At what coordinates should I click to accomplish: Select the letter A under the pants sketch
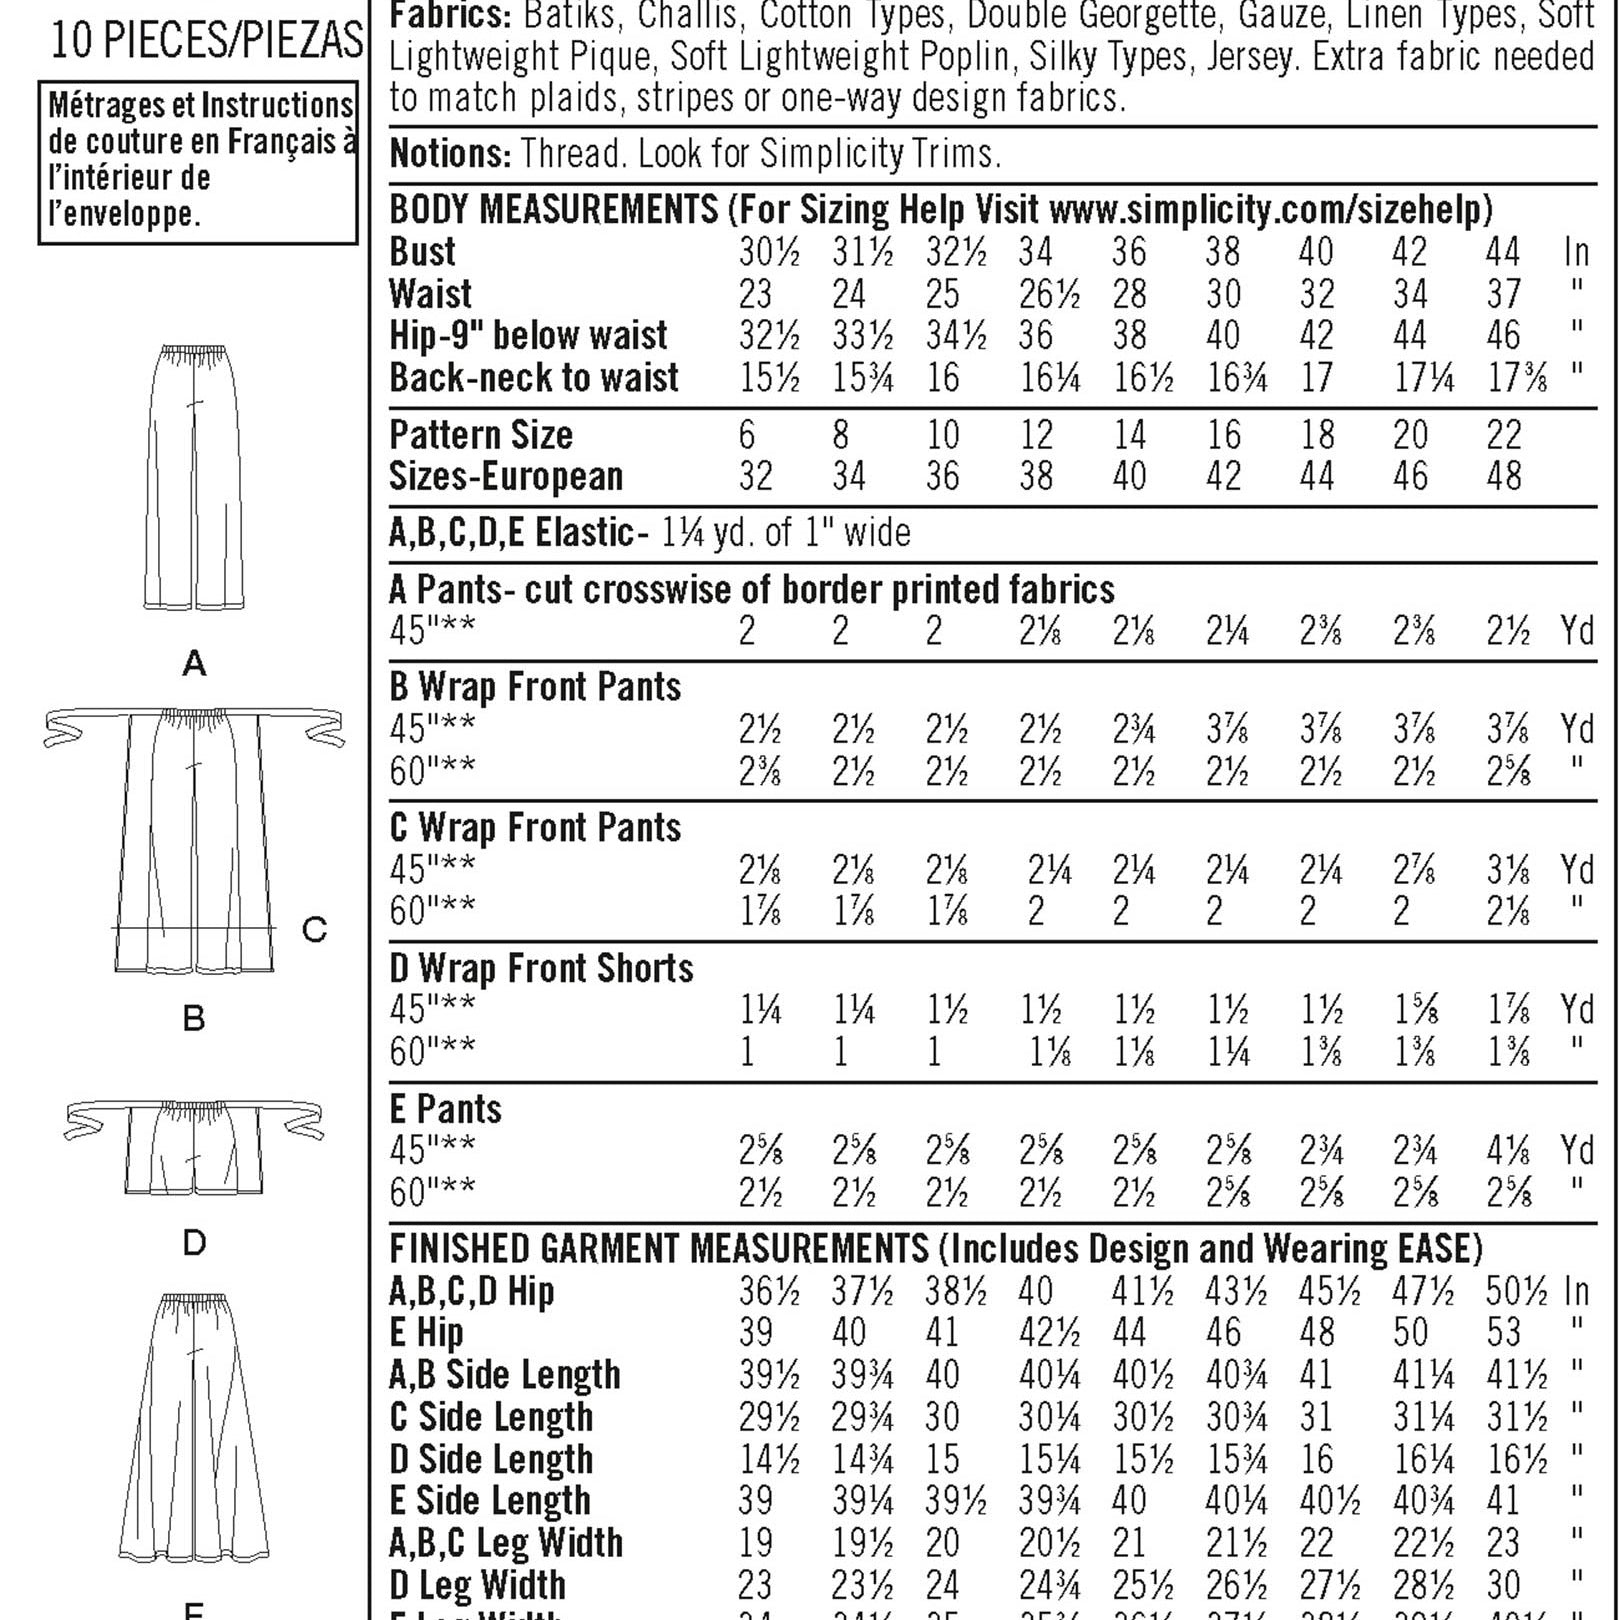pos(194,662)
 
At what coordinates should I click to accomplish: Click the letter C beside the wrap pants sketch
pos(314,930)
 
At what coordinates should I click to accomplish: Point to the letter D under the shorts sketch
pos(194,1243)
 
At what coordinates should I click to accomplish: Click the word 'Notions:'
pos(450,154)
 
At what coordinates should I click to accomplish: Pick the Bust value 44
pos(1502,251)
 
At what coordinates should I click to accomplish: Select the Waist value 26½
pos(1049,294)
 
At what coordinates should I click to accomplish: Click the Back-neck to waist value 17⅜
pos(1516,378)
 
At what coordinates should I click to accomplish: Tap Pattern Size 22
pos(1504,435)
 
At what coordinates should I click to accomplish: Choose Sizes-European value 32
pos(756,477)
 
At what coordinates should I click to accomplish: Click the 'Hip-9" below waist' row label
pos(528,336)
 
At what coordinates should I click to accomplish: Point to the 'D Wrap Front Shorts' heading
pos(541,968)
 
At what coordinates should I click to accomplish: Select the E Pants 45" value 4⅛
pos(1508,1151)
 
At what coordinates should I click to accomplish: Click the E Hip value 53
pos(1503,1333)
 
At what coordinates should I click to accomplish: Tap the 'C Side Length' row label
pos(491,1417)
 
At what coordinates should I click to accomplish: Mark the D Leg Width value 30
pos(1502,1585)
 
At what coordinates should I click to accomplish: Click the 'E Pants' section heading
pos(445,1109)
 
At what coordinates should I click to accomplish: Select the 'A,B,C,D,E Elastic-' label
pos(512,532)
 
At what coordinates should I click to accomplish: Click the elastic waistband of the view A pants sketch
pos(195,353)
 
